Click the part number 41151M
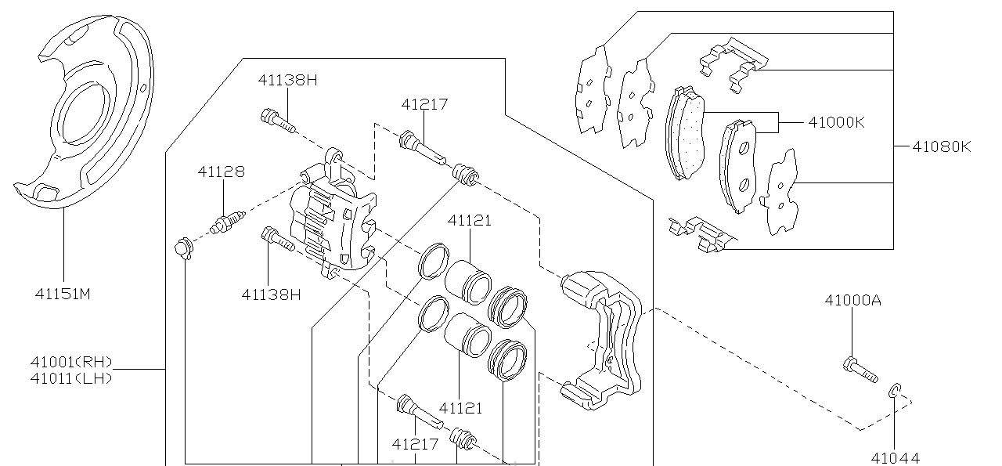(x=63, y=294)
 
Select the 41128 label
(x=221, y=172)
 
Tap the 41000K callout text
(x=836, y=122)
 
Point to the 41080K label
(x=942, y=146)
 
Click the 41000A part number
(x=852, y=300)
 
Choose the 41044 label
(x=895, y=457)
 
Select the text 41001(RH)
(x=71, y=362)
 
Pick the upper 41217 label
(x=424, y=104)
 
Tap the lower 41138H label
(x=271, y=294)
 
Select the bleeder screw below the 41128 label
(x=227, y=223)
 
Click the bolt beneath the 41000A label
(x=860, y=368)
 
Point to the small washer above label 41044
(x=896, y=391)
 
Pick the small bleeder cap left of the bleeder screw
(x=183, y=248)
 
